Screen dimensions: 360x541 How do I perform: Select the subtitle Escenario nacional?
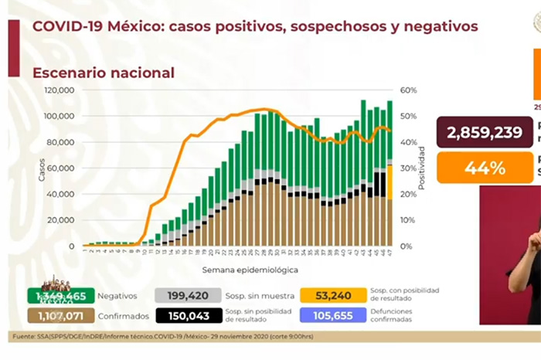103,73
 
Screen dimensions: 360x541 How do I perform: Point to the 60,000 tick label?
61,168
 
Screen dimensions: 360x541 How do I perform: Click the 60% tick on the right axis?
408,90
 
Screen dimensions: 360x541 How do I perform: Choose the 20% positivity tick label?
408,194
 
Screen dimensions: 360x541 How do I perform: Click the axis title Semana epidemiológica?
240,270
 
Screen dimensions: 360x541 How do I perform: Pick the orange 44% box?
484,167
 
